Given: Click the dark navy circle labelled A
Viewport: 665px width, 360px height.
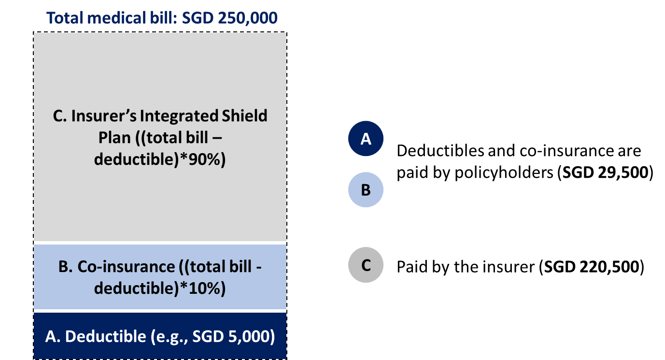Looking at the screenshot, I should (366, 139).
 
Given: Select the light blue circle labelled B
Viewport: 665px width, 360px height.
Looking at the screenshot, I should (366, 190).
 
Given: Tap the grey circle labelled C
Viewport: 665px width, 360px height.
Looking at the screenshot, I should (366, 265).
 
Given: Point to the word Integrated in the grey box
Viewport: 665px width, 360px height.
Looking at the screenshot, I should (179, 116).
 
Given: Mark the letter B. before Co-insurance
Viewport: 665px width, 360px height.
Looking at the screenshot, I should (65, 267).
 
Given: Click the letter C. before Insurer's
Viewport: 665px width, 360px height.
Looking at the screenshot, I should (59, 116).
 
